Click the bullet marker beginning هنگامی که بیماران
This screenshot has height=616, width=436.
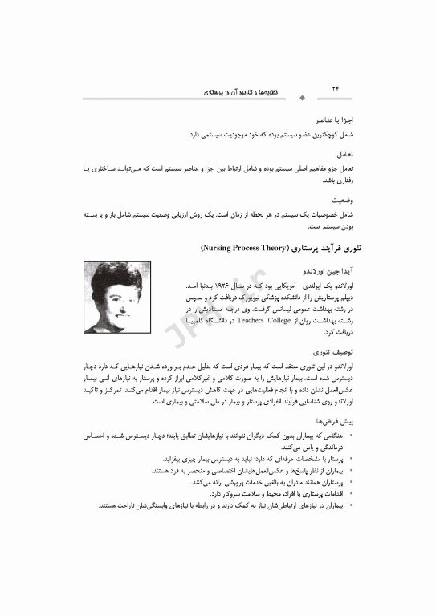352,436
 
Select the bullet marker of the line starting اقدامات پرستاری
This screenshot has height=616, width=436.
352,495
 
